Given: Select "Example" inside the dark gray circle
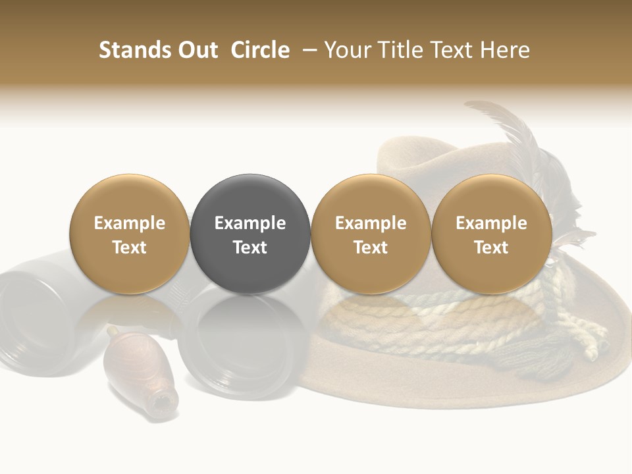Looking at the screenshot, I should coord(250,223).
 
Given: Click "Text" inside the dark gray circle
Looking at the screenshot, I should coord(250,248).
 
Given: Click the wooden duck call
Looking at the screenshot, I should coord(135,369).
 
